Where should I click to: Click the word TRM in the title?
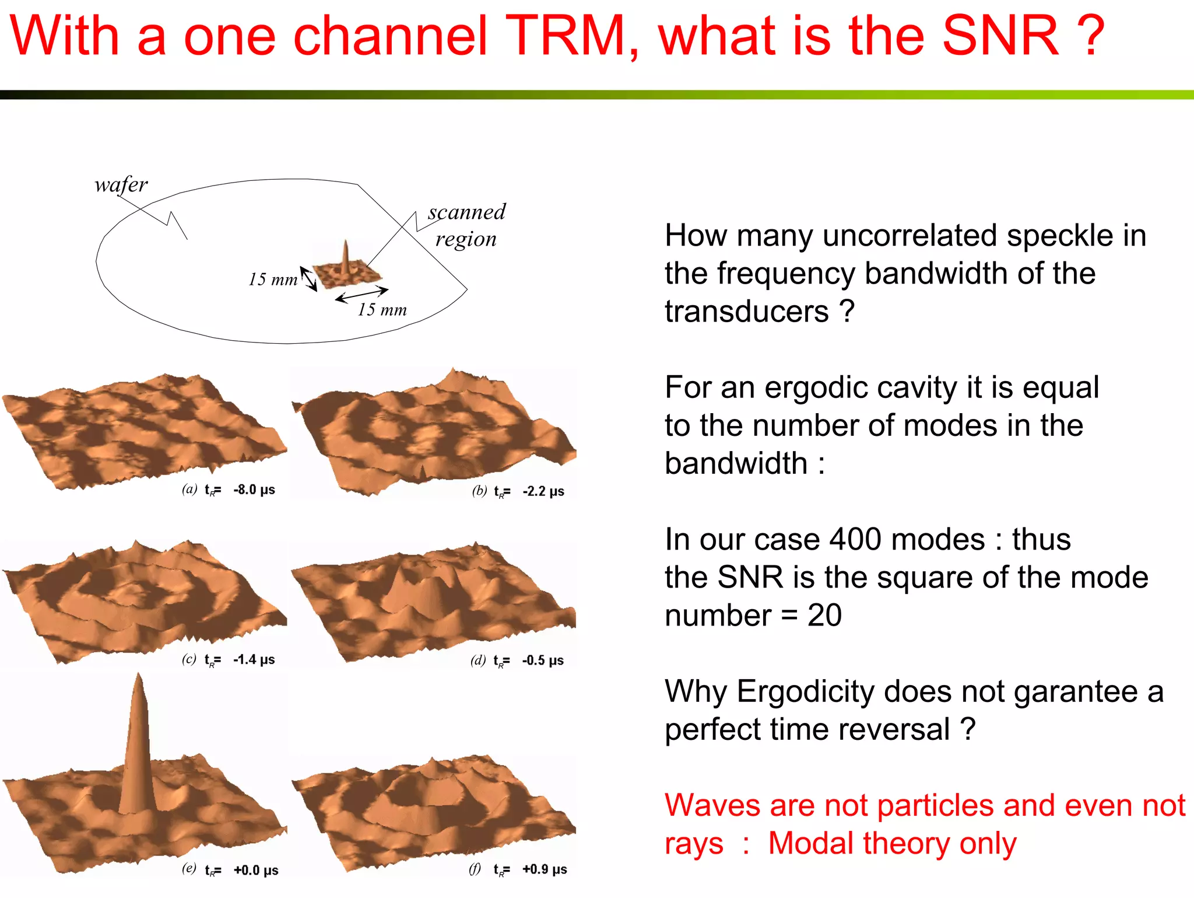[566, 36]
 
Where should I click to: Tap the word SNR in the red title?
[999, 36]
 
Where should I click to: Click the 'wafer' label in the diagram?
[121, 185]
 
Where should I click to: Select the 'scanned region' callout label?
[466, 225]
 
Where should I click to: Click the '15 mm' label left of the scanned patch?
[272, 279]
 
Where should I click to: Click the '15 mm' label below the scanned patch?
[382, 310]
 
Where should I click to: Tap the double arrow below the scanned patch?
[361, 295]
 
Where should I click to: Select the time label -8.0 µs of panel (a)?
[254, 490]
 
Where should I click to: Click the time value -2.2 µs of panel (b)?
[543, 491]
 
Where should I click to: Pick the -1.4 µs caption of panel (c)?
[254, 660]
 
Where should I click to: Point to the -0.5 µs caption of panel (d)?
[543, 661]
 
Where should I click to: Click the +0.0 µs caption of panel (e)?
[256, 871]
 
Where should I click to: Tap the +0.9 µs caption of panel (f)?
[545, 869]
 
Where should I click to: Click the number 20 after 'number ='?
[824, 616]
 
